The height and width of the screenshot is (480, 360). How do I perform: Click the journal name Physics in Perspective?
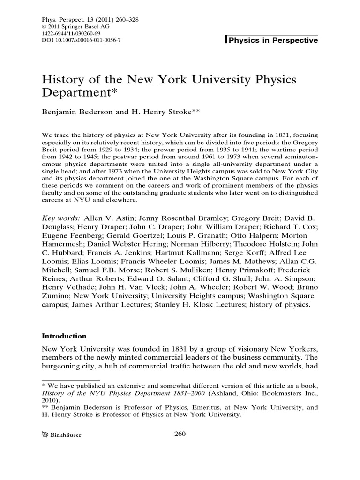pyautogui.click(x=273, y=40)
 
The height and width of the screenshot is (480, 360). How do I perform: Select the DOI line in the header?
pyautogui.click(x=81, y=41)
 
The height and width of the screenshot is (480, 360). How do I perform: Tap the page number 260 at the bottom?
pyautogui.click(x=180, y=434)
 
